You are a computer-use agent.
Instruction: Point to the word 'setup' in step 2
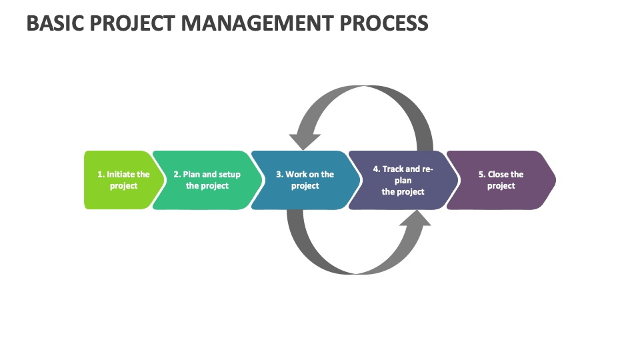pos(229,175)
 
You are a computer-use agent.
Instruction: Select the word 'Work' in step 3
pos(297,175)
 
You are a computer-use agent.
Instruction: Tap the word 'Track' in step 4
pos(393,169)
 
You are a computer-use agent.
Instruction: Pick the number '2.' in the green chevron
pos(177,175)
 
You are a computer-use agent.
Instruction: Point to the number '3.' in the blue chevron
pos(280,175)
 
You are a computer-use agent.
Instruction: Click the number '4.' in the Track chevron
pos(377,169)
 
